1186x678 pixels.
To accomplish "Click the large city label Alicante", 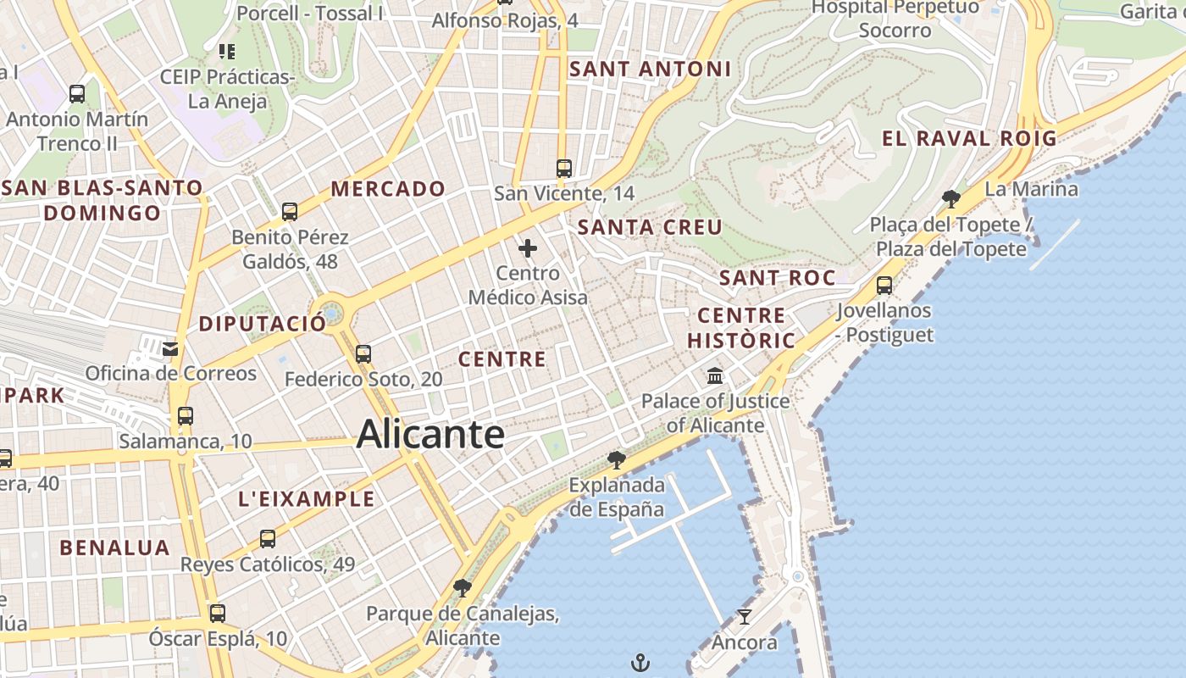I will [430, 435].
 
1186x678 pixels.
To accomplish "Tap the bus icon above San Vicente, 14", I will [564, 168].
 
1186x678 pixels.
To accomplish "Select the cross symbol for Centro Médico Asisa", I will [528, 248].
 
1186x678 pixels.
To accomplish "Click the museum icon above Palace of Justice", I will [715, 375].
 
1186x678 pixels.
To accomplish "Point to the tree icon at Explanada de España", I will [617, 460].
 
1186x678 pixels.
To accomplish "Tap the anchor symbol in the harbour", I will [641, 661].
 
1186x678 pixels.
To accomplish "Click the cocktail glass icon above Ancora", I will [744, 617].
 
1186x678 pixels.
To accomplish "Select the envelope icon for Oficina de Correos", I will [170, 348].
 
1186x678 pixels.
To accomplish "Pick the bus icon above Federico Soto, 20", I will [363, 353].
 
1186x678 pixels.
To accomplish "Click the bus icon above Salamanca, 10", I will [186, 416].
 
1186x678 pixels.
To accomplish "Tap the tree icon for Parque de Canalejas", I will [463, 587].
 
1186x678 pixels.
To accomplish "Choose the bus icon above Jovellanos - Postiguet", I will [884, 286].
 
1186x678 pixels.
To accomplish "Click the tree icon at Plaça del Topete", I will [951, 199].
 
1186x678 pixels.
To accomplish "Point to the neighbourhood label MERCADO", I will [388, 189].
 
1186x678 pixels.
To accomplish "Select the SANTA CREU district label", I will [650, 227].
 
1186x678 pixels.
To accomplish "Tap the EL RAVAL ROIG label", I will [969, 139].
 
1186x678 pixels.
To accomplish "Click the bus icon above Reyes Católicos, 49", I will [268, 538].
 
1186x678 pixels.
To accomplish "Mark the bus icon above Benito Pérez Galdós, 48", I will [290, 211].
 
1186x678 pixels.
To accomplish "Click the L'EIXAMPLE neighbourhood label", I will [307, 499].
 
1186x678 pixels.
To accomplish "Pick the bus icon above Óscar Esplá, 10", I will [218, 613].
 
